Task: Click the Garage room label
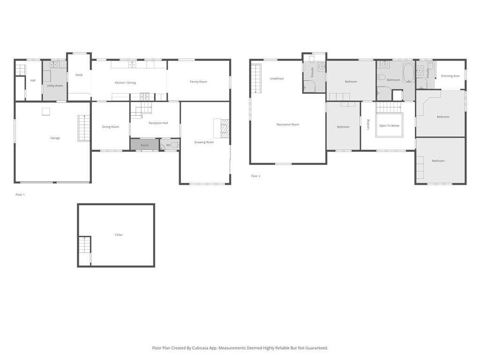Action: coord(55,138)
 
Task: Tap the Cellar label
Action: coord(119,235)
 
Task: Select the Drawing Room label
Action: coord(204,142)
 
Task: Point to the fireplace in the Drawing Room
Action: coord(225,128)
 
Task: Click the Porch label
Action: coord(144,145)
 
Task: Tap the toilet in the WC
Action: coord(174,145)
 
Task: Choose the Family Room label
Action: coord(198,82)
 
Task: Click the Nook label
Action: coord(79,75)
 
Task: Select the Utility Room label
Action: coord(55,86)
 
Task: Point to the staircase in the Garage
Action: coord(83,128)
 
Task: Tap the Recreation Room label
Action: coord(288,124)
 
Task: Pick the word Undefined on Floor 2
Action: coord(277,79)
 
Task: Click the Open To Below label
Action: coord(389,126)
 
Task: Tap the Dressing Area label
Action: coord(450,76)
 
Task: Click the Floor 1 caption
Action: coord(20,195)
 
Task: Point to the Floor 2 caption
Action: coord(255,176)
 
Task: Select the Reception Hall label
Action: coord(158,123)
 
